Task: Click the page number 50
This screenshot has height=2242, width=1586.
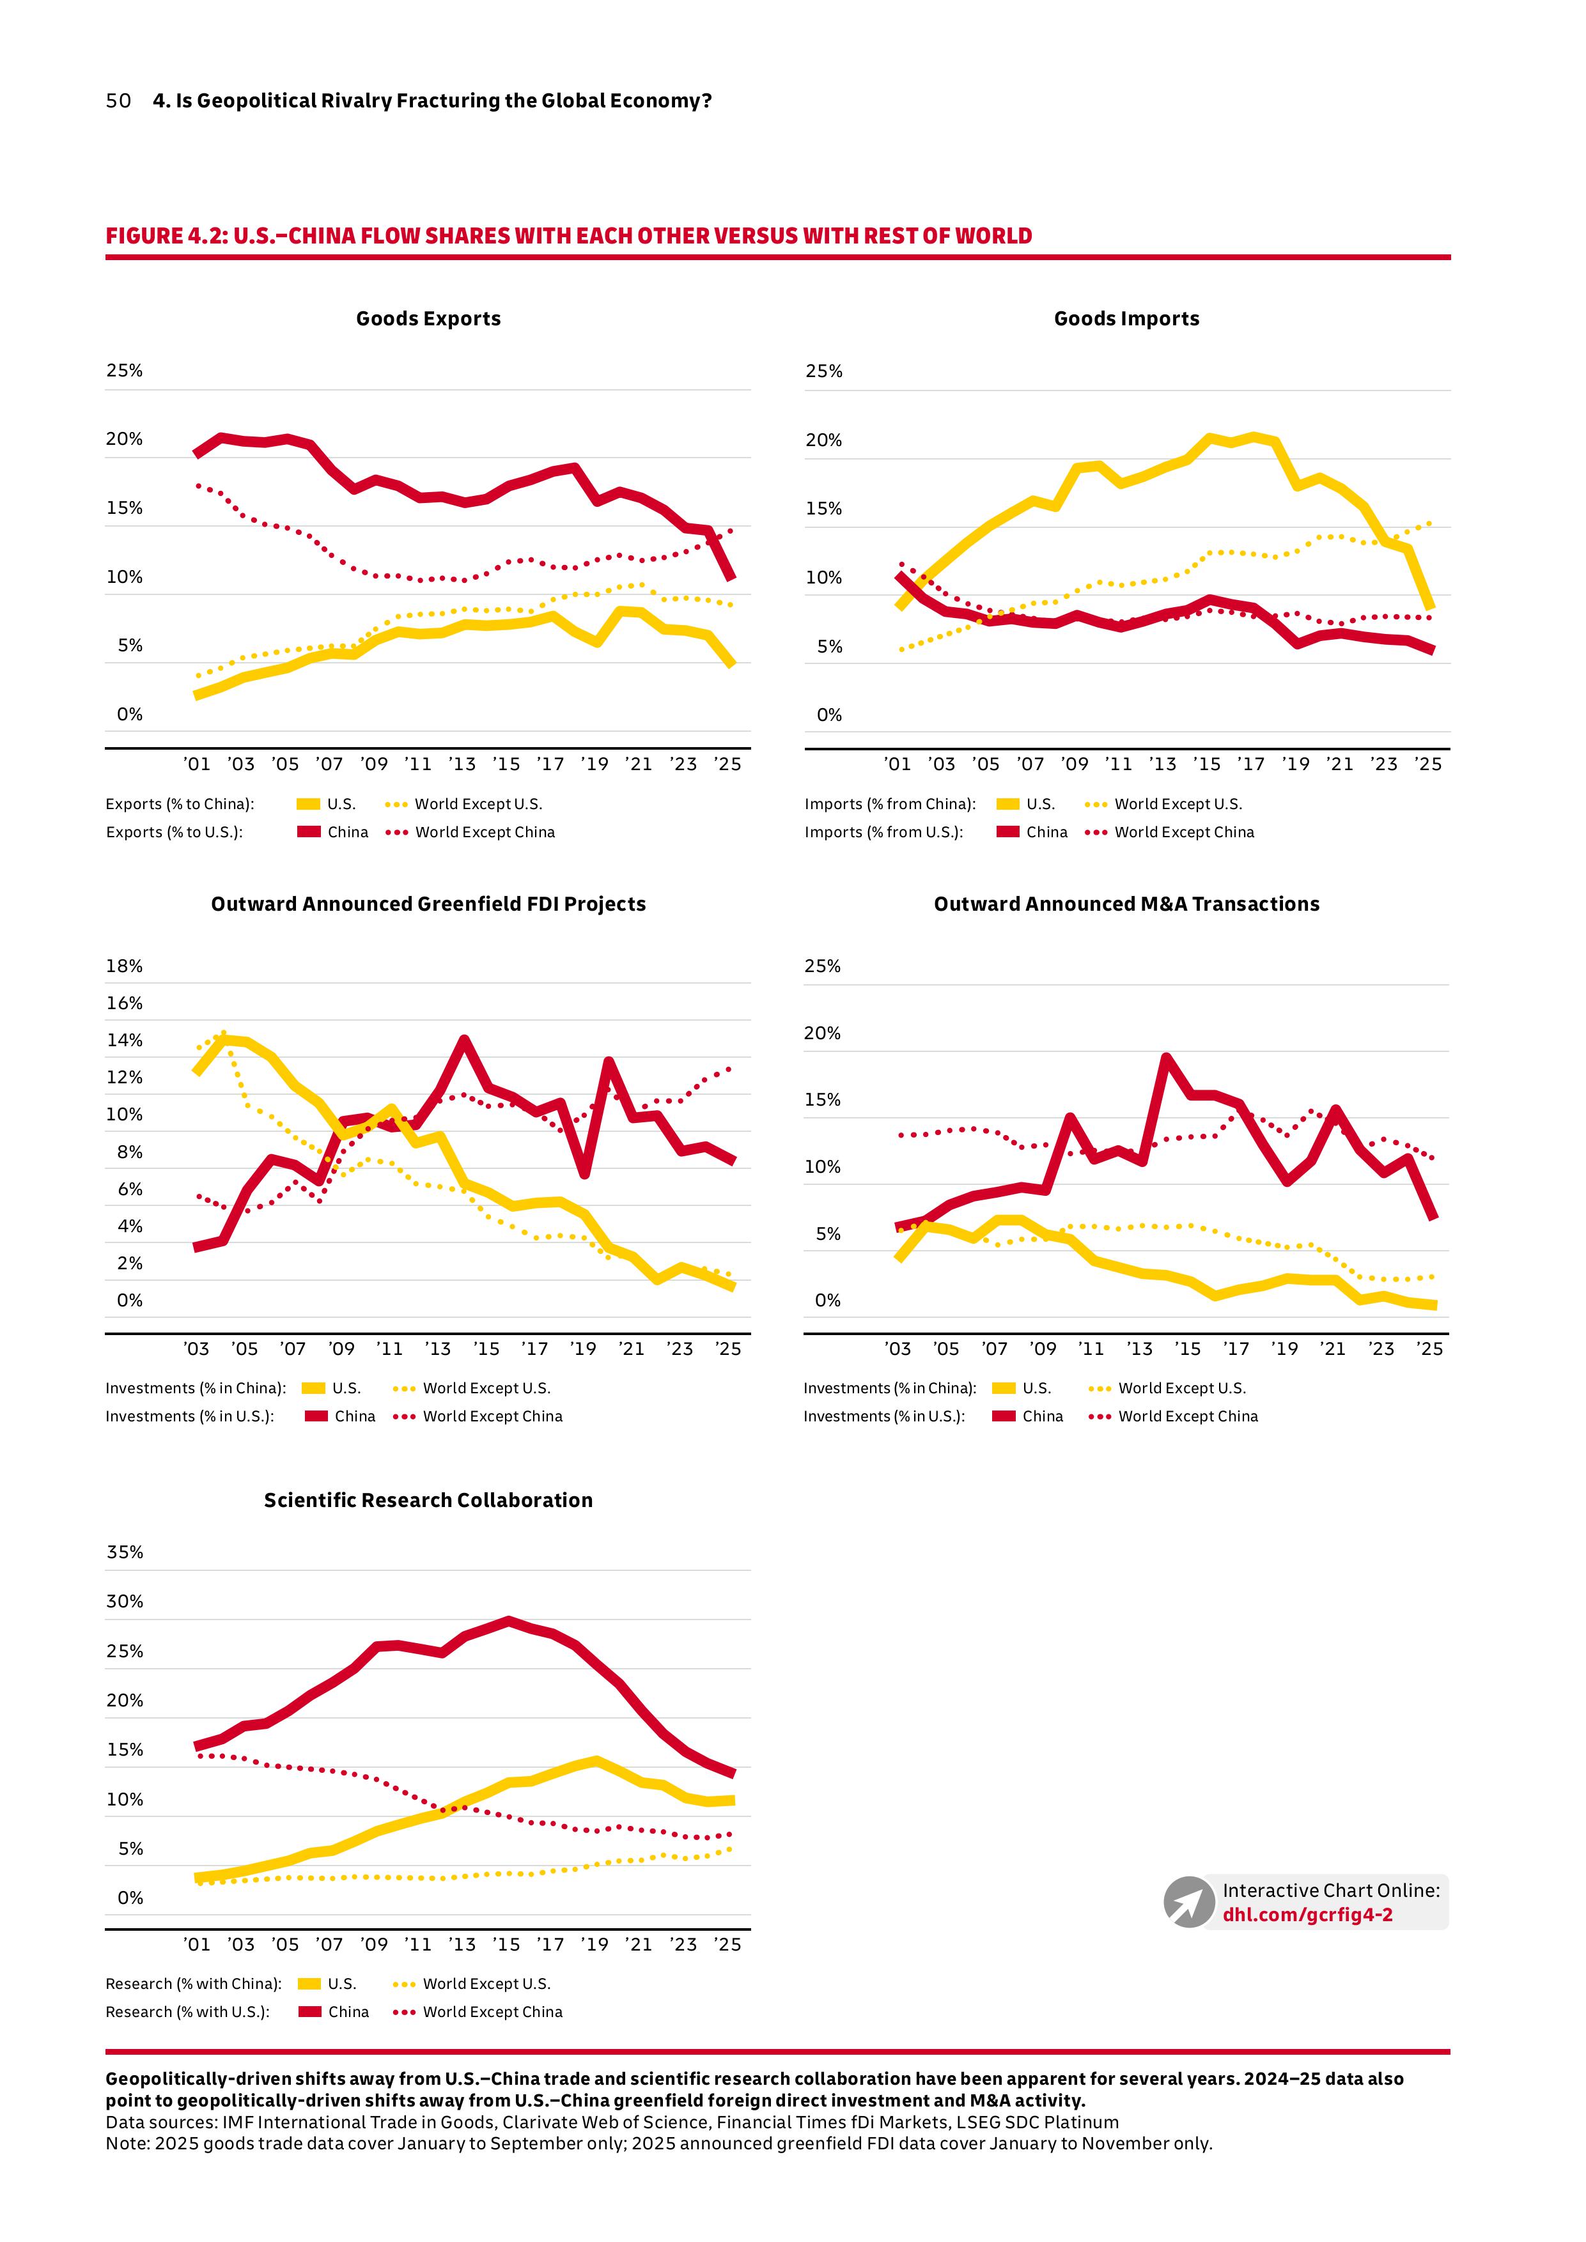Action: (118, 100)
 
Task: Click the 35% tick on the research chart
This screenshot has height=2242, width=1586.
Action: (124, 1552)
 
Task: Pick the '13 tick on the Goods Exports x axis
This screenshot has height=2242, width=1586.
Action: (462, 764)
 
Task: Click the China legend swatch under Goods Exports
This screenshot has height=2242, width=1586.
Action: (309, 832)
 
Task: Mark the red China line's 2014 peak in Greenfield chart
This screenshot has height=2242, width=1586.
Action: (464, 1040)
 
